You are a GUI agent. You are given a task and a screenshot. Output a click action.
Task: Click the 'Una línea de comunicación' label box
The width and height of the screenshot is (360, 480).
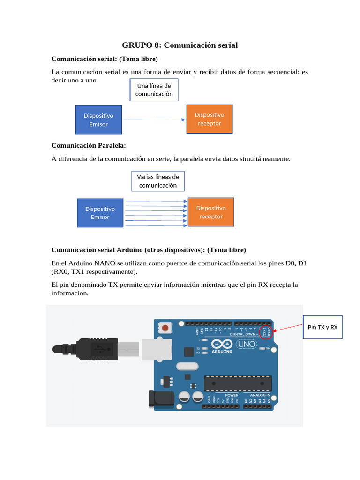154,90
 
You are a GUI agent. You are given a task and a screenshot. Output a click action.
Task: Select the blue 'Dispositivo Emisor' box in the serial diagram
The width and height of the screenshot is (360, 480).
98,120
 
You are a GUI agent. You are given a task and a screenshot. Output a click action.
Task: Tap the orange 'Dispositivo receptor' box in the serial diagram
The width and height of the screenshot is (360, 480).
210,119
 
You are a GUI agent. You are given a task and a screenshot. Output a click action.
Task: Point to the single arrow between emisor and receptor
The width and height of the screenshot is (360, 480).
154,120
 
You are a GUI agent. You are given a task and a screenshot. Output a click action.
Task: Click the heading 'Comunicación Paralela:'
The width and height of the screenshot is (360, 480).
89,145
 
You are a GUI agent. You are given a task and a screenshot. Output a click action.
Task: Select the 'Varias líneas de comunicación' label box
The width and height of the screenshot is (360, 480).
158,181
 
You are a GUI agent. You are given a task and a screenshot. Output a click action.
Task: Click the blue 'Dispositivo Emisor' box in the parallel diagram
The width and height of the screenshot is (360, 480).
100,212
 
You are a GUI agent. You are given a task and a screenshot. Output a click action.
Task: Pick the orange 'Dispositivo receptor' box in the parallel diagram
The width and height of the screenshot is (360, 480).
211,212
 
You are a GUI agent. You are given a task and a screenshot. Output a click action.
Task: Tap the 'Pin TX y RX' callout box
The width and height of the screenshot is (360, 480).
322,327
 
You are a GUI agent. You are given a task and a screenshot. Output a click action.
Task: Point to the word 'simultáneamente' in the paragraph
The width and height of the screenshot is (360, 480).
266,159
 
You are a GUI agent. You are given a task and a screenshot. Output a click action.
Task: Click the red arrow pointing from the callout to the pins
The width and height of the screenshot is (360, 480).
288,327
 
